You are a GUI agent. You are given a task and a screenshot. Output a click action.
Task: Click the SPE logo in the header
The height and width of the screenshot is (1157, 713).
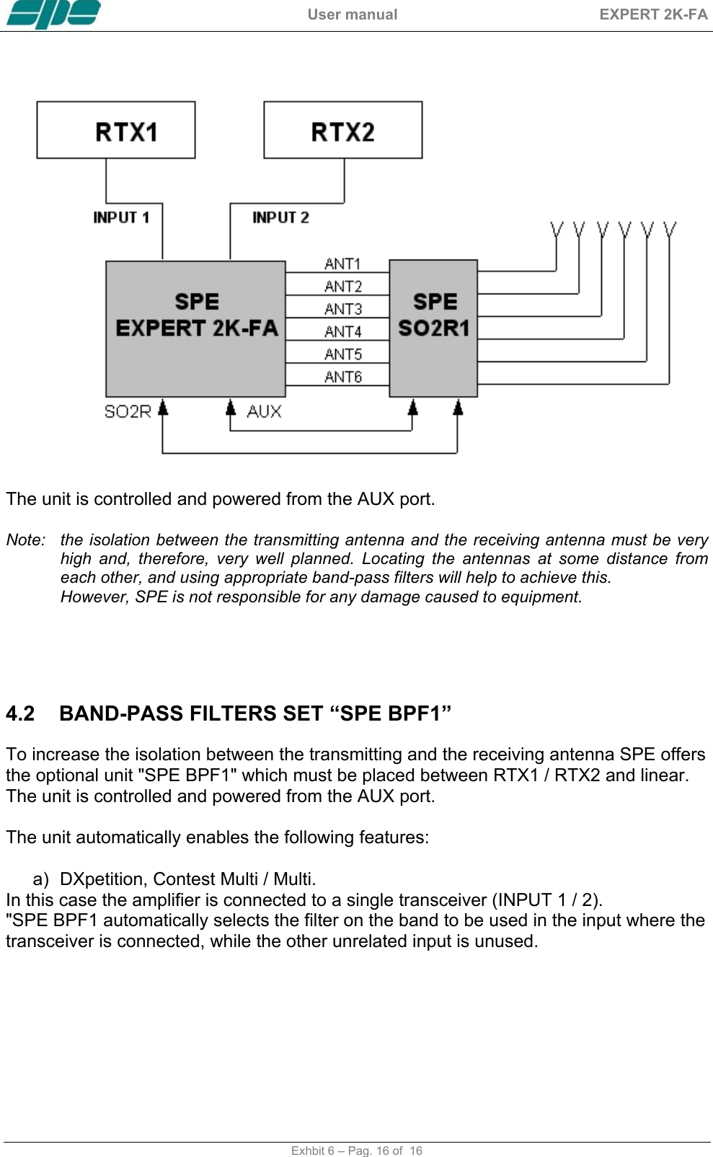point(53,14)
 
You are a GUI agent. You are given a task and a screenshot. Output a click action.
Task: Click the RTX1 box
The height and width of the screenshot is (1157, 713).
point(116,130)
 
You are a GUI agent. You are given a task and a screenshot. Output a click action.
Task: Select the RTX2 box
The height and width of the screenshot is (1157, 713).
point(342,130)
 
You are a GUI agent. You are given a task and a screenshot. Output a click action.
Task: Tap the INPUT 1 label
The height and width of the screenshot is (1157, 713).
point(121,217)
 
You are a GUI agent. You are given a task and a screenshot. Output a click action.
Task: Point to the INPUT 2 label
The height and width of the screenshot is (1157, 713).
point(280,217)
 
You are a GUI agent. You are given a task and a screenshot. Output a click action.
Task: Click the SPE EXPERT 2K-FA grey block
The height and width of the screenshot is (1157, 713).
point(195,328)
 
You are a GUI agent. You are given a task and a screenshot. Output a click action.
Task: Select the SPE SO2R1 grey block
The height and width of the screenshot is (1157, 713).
point(433,328)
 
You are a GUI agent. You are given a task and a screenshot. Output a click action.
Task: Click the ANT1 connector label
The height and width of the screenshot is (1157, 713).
point(342,264)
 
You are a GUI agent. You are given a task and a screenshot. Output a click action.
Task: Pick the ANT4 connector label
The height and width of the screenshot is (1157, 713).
point(342,332)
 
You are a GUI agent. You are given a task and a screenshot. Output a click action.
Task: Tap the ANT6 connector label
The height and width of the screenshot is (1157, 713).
point(342,377)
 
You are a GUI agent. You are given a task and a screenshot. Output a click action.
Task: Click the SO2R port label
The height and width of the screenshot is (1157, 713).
point(128,412)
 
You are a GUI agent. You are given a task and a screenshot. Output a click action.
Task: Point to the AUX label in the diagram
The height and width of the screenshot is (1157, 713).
point(264,412)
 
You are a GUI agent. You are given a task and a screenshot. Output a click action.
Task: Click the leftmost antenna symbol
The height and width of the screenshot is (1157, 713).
point(557,230)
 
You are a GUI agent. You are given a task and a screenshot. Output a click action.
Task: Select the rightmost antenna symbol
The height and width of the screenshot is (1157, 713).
point(670,230)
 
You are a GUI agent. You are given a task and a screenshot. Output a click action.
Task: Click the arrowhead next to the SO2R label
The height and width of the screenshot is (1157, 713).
point(163,408)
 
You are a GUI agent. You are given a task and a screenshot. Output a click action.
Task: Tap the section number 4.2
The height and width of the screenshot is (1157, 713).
point(20,713)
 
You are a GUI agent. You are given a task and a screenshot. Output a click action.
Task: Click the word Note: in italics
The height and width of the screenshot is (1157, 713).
point(26,540)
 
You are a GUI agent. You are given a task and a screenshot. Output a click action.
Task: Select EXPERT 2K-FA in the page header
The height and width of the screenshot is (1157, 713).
point(653,14)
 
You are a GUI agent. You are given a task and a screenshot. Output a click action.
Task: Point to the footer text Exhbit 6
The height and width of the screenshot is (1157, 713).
point(312,1151)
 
